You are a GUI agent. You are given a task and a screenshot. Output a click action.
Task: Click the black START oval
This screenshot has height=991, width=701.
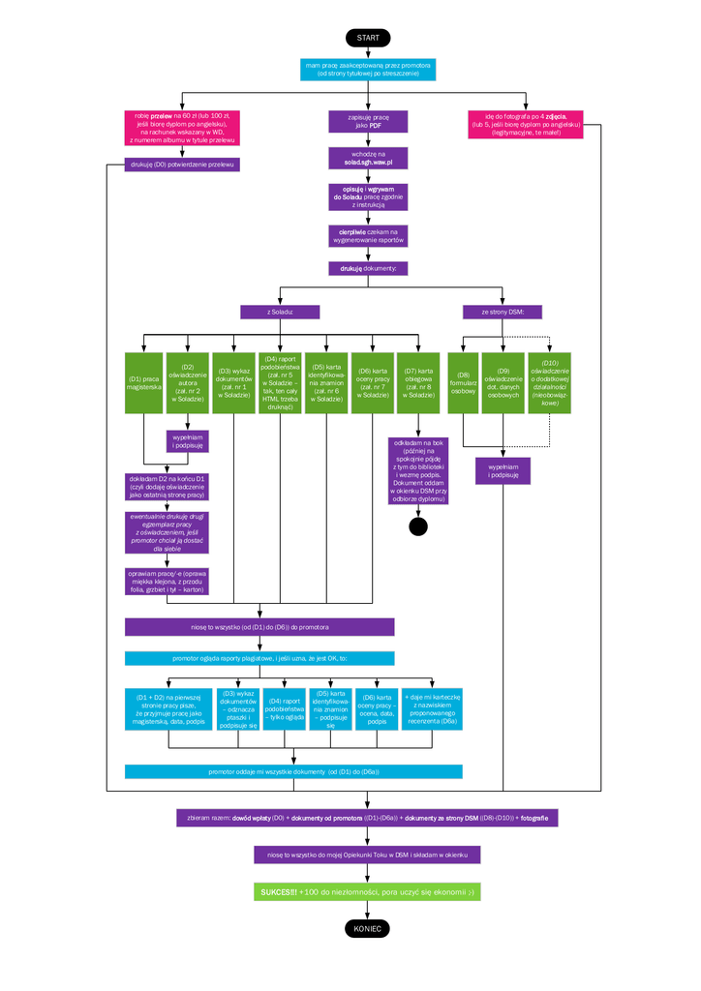click(x=368, y=37)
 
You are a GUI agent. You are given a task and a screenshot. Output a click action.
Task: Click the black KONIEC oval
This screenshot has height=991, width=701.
click(x=368, y=928)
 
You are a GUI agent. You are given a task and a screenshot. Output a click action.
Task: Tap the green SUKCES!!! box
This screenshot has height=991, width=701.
click(x=368, y=891)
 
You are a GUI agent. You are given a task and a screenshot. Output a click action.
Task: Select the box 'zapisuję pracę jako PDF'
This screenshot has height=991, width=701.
click(x=368, y=121)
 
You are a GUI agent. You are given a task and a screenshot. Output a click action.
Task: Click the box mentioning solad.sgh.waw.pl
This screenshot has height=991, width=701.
click(x=368, y=159)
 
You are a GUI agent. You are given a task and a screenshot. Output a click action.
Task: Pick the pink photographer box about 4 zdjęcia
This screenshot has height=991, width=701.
click(x=526, y=124)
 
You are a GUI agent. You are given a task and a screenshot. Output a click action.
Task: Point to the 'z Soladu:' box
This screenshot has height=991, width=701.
click(x=280, y=312)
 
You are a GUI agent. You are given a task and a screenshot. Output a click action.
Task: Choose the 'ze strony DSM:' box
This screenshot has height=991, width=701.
click(x=502, y=312)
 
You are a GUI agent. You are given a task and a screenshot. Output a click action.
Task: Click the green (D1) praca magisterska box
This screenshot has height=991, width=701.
click(x=143, y=382)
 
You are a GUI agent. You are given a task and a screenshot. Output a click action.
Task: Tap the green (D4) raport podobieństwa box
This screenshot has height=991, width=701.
click(x=280, y=382)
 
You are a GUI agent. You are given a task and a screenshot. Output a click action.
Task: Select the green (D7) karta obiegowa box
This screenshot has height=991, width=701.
click(x=418, y=382)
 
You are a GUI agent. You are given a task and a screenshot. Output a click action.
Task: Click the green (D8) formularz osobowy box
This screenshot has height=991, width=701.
click(x=464, y=382)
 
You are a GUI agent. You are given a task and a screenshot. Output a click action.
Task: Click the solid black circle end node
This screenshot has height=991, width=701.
click(x=418, y=526)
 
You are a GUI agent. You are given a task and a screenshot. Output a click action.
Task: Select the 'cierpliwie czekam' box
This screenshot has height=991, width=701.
click(x=368, y=236)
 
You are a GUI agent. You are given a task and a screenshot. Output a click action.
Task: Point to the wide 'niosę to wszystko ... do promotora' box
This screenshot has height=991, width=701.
click(x=259, y=627)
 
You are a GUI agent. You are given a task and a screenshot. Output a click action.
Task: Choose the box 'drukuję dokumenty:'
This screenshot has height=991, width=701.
click(x=368, y=268)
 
